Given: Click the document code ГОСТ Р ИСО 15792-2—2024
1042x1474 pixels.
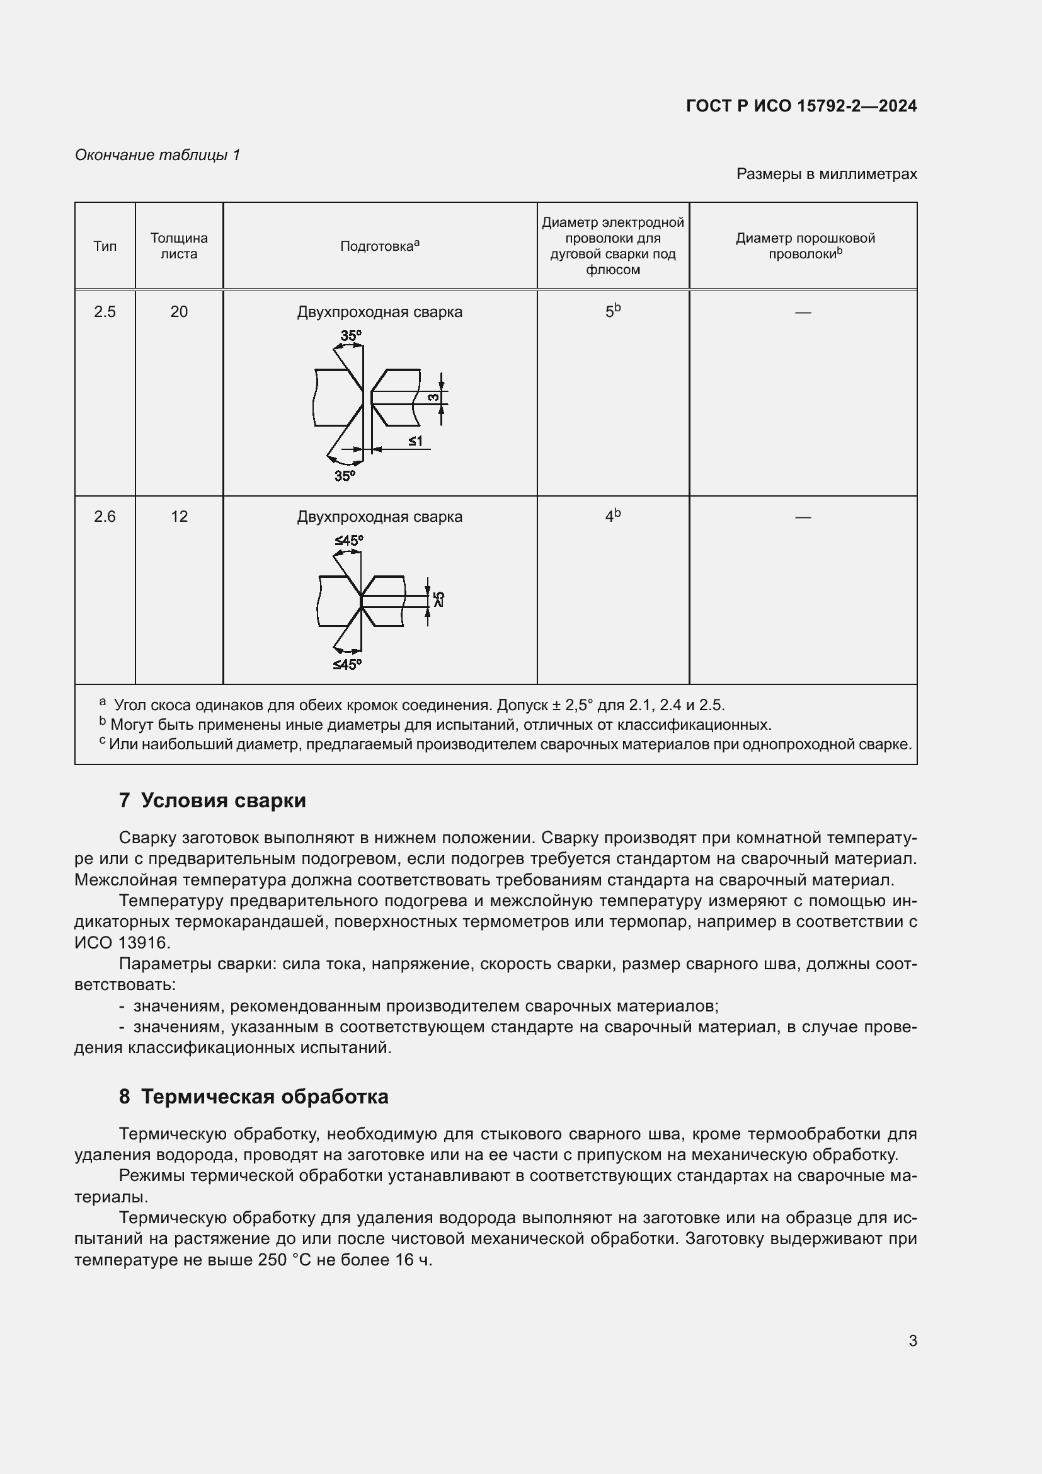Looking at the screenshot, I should (x=801, y=106).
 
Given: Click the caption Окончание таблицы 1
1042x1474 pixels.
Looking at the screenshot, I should (x=157, y=155).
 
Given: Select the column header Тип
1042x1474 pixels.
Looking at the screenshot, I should (x=105, y=246).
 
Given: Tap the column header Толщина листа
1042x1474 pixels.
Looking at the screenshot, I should (x=179, y=246).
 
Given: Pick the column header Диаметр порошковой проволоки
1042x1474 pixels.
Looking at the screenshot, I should (x=804, y=246).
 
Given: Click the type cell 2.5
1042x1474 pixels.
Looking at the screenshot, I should (x=105, y=312).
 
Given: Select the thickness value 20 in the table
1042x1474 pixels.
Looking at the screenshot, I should (x=179, y=312).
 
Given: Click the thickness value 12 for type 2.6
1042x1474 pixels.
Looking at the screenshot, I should (x=179, y=517).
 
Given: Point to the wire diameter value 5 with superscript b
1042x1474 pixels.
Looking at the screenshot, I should (x=612, y=311).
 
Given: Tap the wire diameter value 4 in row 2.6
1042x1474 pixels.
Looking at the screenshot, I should (x=612, y=516).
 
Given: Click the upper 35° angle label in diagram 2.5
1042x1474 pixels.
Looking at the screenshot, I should (x=350, y=336).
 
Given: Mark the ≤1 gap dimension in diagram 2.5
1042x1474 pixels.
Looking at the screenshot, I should (x=415, y=442).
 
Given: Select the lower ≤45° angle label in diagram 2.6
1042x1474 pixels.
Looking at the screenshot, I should (x=347, y=665).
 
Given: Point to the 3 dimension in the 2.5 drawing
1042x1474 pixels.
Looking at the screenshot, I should (x=435, y=398).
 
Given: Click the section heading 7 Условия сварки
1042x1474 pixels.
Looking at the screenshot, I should (x=212, y=800).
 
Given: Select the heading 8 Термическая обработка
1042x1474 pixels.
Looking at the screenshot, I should (x=253, y=1097).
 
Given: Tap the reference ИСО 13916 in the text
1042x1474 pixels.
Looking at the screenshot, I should (x=122, y=943).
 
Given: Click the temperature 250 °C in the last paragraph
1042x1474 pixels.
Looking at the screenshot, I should (x=284, y=1260).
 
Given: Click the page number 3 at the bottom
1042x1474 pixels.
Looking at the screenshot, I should (x=912, y=1341).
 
